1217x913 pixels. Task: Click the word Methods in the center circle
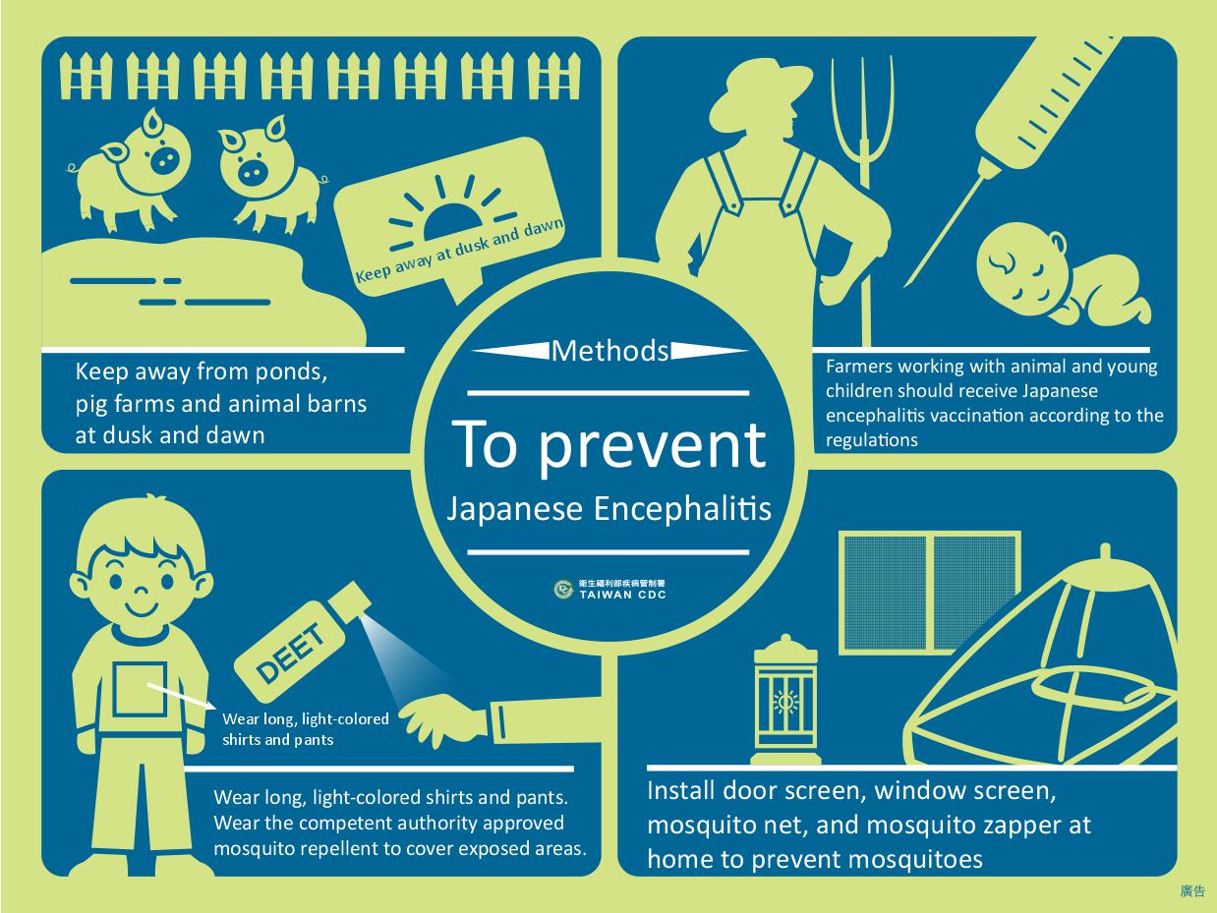609,351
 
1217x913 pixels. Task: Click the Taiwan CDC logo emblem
564,589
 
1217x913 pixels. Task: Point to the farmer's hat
761,91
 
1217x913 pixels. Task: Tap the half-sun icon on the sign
452,222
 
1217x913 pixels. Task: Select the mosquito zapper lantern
785,700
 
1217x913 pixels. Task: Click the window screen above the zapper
930,593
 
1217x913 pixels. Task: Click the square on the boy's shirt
141,689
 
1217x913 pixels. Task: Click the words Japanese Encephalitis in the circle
608,508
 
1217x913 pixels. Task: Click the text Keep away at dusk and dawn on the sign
459,250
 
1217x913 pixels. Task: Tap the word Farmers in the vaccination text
859,367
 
